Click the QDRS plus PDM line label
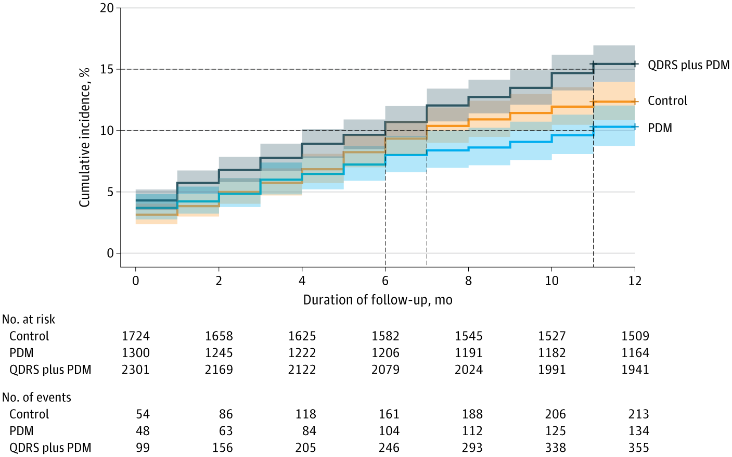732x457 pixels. tap(688, 65)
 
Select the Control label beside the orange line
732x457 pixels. tap(667, 101)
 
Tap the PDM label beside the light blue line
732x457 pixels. tap(660, 128)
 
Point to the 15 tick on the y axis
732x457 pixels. tap(107, 69)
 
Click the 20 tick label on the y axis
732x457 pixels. tap(107, 8)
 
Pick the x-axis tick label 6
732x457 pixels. tap(385, 281)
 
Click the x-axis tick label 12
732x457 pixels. tap(635, 281)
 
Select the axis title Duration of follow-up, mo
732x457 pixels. tap(378, 300)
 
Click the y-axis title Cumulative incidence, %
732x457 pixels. tap(84, 137)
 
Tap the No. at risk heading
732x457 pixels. tap(29, 320)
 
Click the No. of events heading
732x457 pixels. tap(36, 398)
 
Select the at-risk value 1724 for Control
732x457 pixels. tap(135, 336)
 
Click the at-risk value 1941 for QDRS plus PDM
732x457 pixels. tap(635, 370)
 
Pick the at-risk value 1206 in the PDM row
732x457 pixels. tap(385, 353)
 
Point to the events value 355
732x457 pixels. tap(638, 448)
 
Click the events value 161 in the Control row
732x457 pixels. tap(389, 414)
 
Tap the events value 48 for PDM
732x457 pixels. tap(143, 431)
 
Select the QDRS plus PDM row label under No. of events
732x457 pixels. tap(50, 448)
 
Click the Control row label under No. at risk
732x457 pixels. tap(29, 336)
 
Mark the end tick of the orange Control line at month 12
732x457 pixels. tap(635, 102)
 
